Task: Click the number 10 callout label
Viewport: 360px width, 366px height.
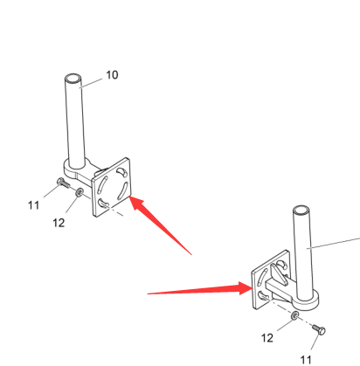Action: coord(112,75)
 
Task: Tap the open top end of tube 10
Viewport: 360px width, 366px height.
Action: coord(73,79)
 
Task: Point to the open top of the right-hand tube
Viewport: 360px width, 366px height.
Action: coord(301,211)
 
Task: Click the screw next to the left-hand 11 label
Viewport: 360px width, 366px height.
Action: coord(63,183)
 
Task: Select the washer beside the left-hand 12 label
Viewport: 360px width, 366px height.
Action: coord(80,192)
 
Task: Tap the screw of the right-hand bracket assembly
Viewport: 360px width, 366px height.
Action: coord(319,330)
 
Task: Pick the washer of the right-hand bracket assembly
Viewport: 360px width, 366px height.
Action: coord(294,315)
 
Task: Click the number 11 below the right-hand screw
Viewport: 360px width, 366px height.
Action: coord(306,360)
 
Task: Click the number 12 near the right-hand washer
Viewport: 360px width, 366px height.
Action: coord(267,338)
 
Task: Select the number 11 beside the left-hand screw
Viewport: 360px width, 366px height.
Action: coord(33,205)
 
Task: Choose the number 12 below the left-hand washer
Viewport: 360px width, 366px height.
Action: coord(59,223)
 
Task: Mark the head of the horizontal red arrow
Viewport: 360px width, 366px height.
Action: coord(246,288)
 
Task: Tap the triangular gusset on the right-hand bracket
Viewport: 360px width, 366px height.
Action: coord(278,273)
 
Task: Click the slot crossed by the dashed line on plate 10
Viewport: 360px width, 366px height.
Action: coord(103,204)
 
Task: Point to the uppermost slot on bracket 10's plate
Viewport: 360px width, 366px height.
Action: coord(121,172)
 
